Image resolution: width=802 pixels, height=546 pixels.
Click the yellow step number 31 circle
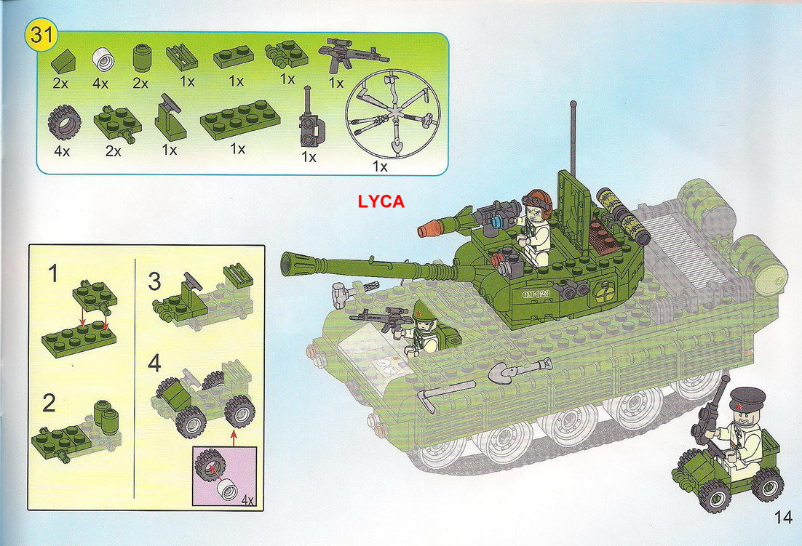[x=41, y=35]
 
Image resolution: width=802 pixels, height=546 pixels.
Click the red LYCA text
[x=381, y=201]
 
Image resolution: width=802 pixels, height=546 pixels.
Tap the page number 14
[x=783, y=518]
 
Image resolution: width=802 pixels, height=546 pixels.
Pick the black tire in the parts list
[x=65, y=123]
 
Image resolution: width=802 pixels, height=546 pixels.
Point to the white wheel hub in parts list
[x=103, y=60]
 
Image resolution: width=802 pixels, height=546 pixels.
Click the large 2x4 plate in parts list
[x=240, y=119]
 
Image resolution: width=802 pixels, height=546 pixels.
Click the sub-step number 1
[x=52, y=274]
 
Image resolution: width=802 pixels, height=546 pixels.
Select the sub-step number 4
[x=154, y=363]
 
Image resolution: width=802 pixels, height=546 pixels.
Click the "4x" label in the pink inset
[x=247, y=500]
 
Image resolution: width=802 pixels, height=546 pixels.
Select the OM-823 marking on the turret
[x=536, y=294]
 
